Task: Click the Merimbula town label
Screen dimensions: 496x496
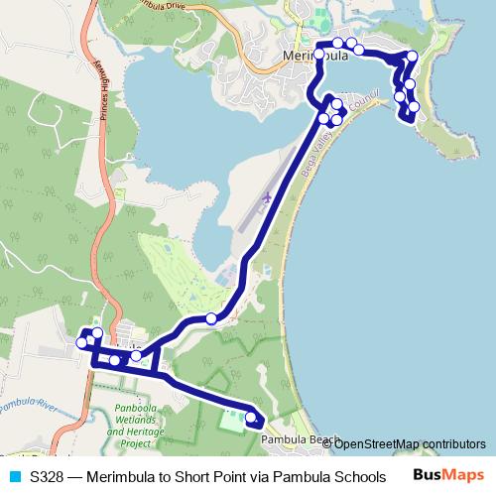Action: (315, 58)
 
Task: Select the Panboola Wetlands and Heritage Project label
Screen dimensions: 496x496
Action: (137, 421)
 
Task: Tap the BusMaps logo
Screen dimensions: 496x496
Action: (449, 475)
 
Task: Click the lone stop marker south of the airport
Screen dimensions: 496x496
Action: (210, 318)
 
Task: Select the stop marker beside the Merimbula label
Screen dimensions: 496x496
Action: (320, 54)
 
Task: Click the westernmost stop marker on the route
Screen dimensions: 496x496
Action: (81, 342)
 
